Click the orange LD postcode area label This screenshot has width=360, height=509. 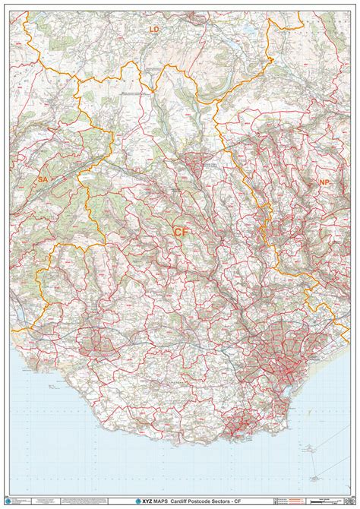(x=155, y=29)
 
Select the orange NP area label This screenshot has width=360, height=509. (x=325, y=182)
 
